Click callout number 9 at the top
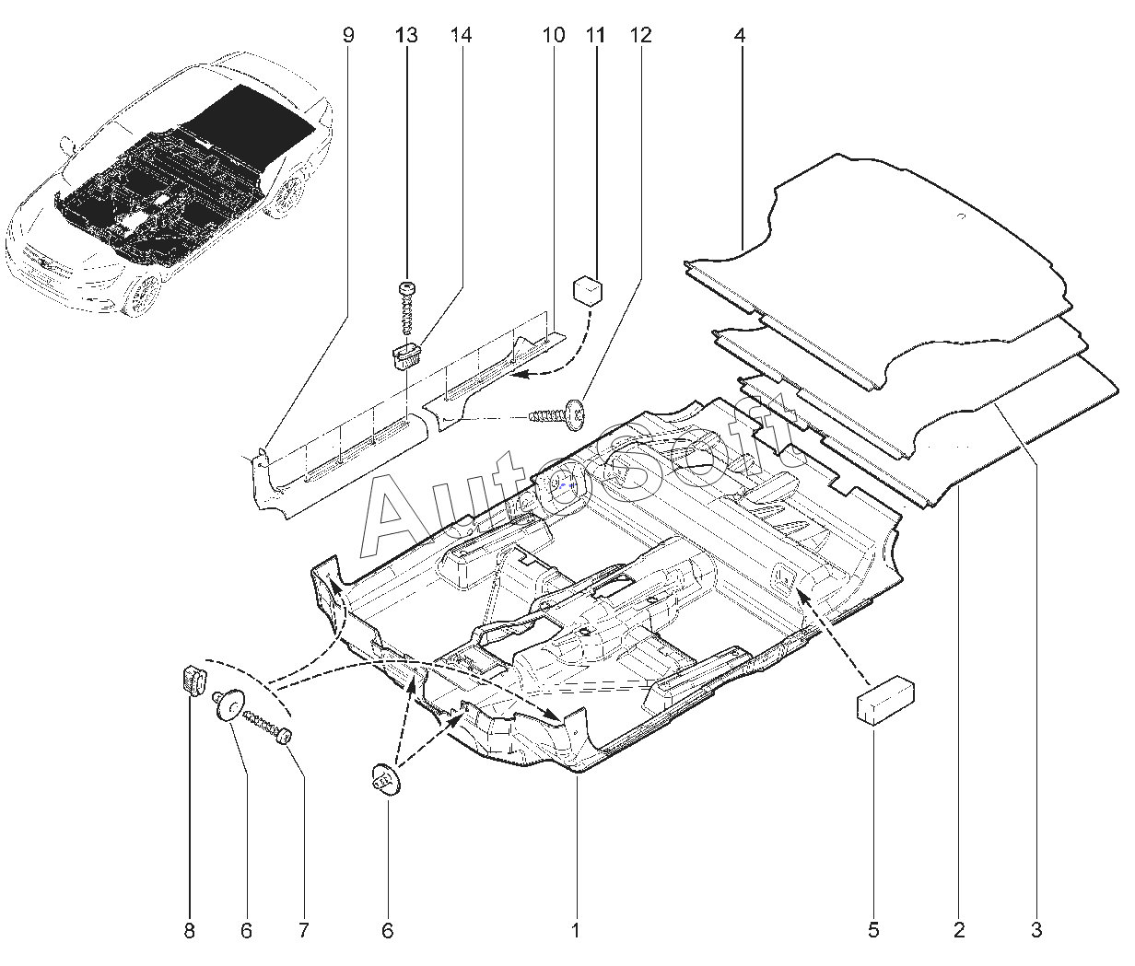point(348,35)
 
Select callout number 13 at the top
point(406,35)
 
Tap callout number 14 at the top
point(461,35)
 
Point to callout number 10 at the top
point(554,35)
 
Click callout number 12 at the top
point(640,35)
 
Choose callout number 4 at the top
point(740,35)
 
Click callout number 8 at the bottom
point(189,930)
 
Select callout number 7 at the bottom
point(304,930)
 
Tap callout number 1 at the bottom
point(576,930)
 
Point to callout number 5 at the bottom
point(873,930)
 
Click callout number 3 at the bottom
point(1036,930)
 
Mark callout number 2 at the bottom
point(959,930)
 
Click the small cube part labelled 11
point(588,290)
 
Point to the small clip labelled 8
point(193,681)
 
